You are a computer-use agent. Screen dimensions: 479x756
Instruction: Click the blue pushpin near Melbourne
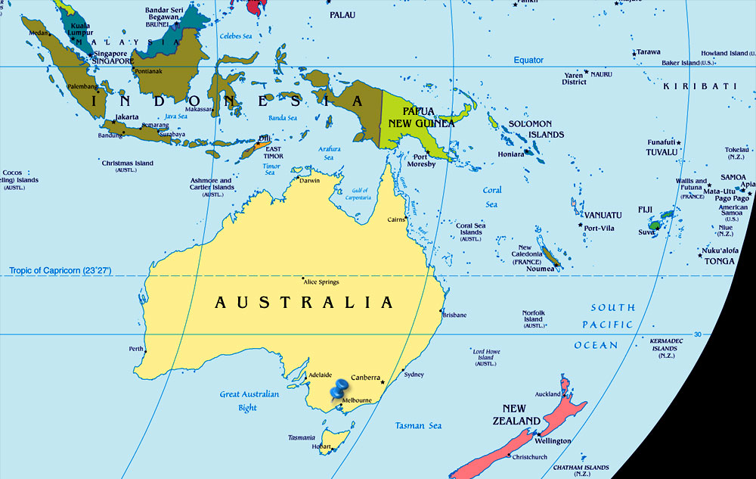[x=339, y=389]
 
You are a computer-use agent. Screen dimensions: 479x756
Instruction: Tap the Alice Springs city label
[x=321, y=282]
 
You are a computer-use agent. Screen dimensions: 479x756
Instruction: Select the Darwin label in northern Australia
[x=310, y=180]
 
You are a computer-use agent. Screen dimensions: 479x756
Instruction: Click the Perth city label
[x=136, y=349]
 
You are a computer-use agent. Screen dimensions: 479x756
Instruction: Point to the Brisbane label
[x=454, y=315]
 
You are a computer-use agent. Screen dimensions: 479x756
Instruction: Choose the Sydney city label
[x=414, y=375]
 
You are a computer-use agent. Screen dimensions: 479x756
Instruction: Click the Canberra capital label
[x=366, y=376]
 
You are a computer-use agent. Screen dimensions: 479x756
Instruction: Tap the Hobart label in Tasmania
[x=320, y=446]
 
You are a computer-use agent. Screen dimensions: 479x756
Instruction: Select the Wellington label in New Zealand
[x=552, y=440]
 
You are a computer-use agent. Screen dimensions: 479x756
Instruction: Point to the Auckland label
[x=547, y=394]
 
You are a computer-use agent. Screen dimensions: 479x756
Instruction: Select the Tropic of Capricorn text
[x=60, y=270]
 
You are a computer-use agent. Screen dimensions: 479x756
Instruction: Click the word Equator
[x=528, y=61]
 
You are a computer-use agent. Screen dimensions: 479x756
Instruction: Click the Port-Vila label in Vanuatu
[x=598, y=228]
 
